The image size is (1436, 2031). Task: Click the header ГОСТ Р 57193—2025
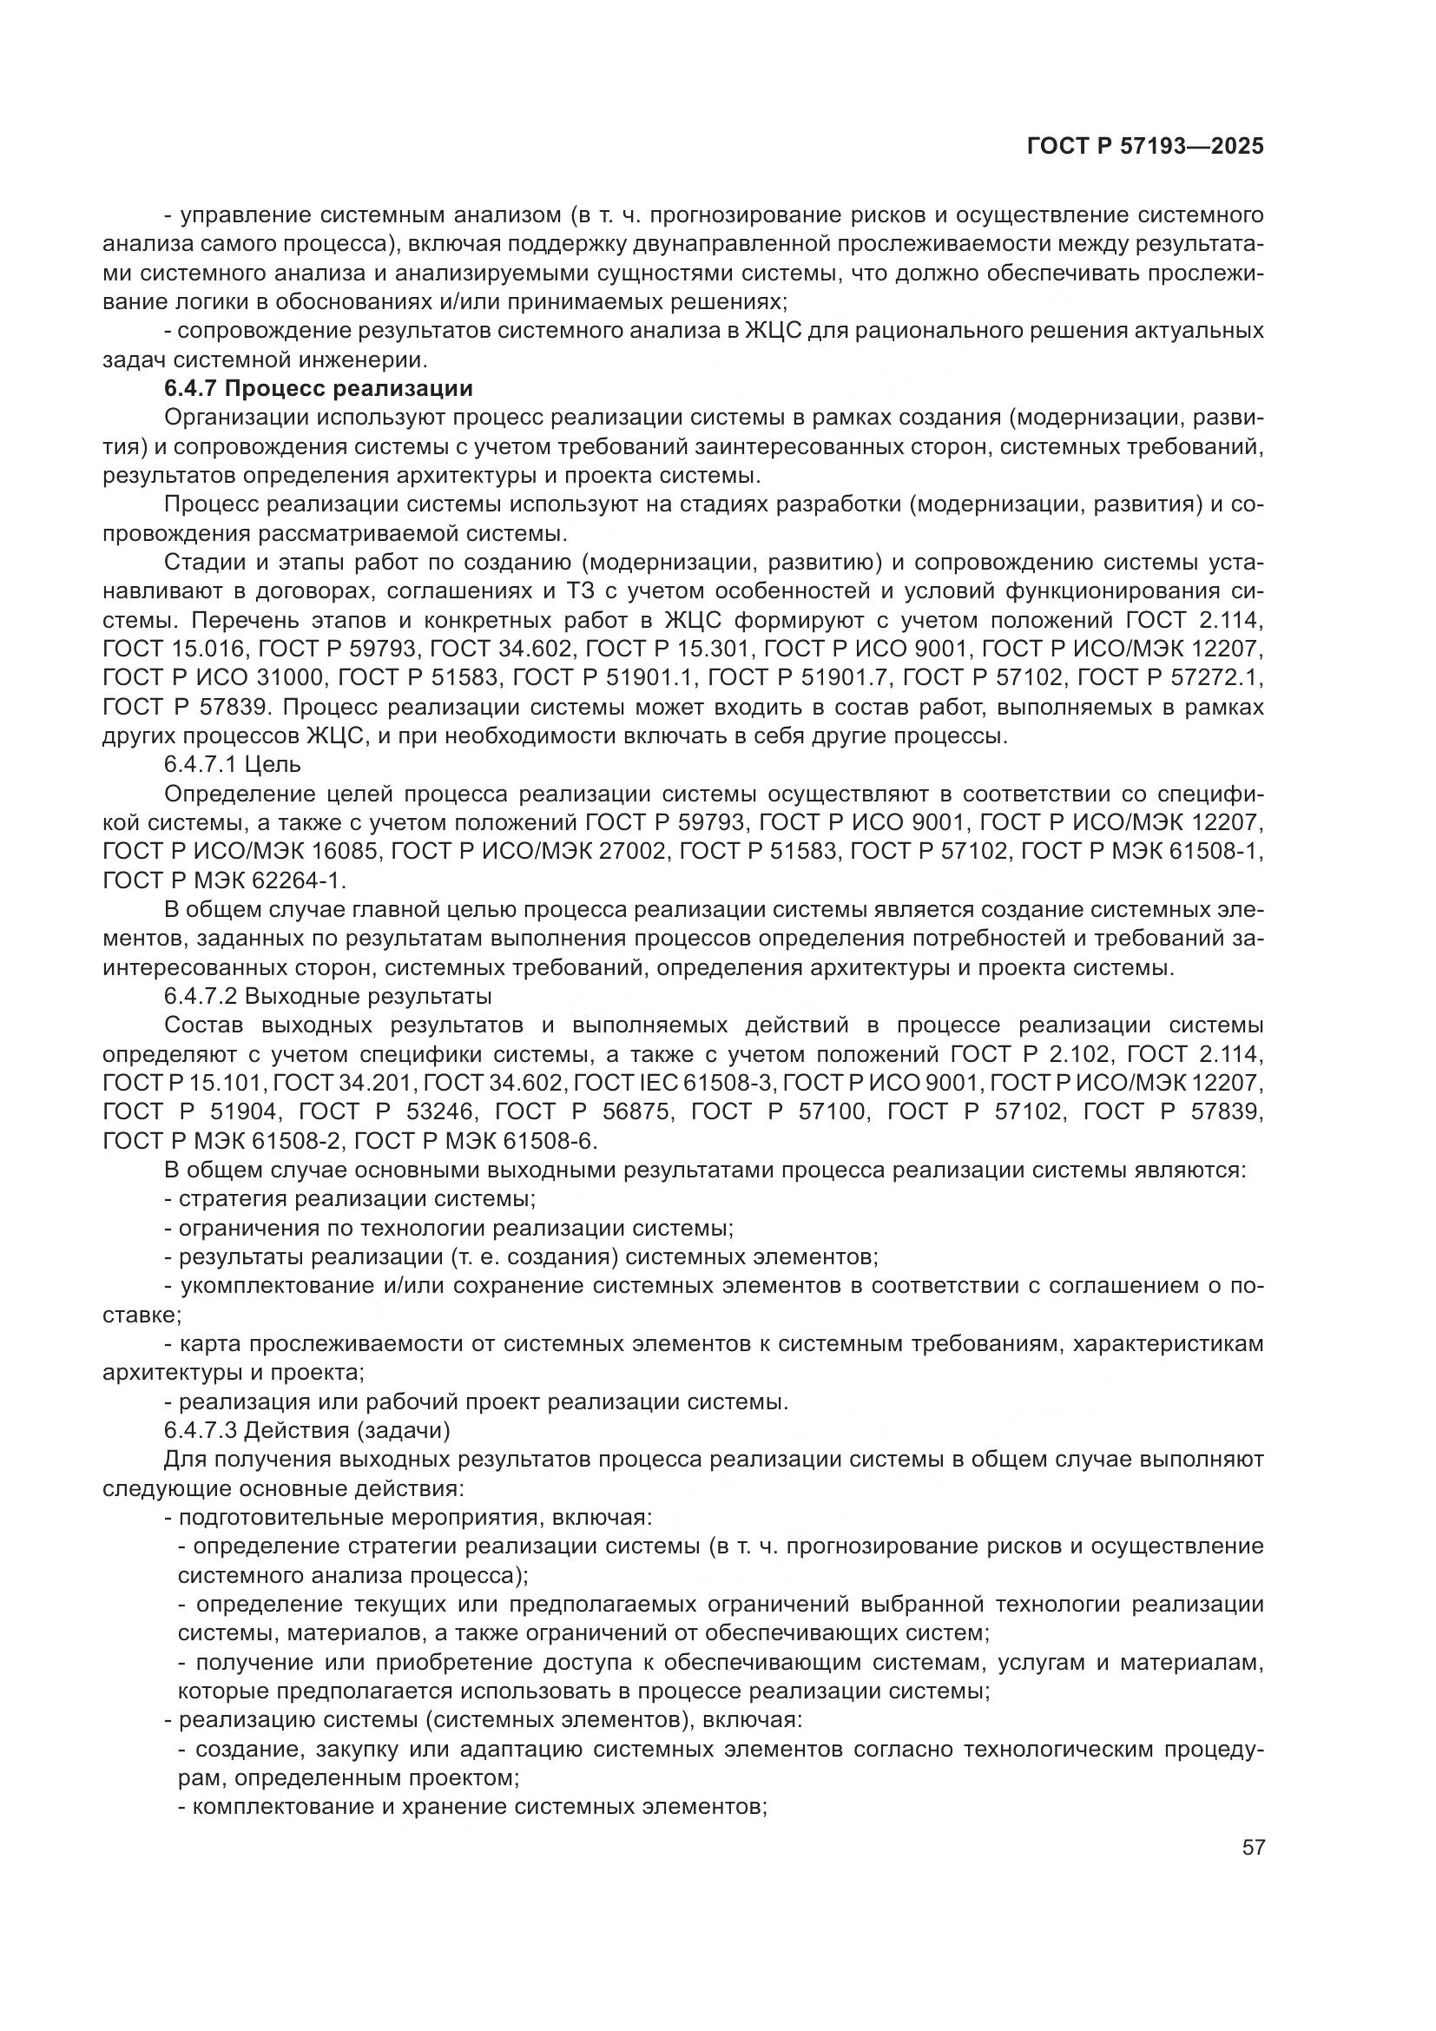[1145, 147]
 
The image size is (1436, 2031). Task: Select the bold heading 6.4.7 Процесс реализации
[319, 388]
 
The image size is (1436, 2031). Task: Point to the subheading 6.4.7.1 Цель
[233, 763]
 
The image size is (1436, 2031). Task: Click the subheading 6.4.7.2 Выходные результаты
[327, 996]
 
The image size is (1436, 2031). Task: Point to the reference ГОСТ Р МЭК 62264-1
[224, 880]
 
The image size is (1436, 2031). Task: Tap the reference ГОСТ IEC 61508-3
[673, 1083]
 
